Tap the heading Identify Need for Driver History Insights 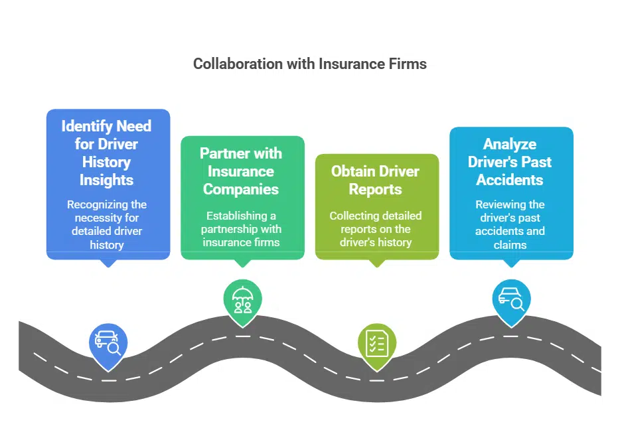[106, 153]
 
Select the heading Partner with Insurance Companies [241, 171]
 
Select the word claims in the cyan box [510, 244]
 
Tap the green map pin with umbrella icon [242, 300]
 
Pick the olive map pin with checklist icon [376, 342]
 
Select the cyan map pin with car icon [510, 300]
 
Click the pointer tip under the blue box [108, 263]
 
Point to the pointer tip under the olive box [376, 263]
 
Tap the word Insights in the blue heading [106, 180]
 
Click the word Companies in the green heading [241, 189]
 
